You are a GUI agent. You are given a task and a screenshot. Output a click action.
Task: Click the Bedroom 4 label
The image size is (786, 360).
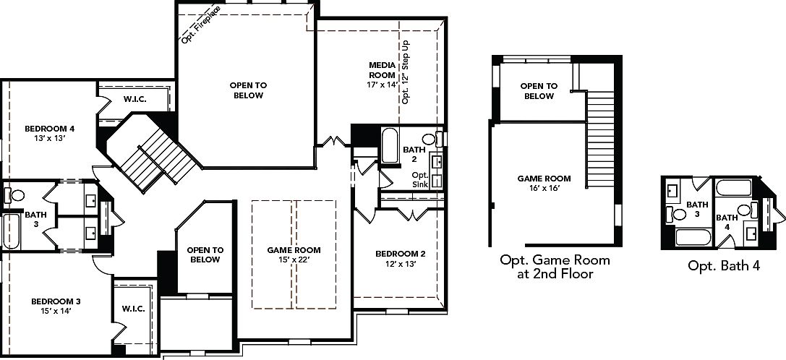[x=49, y=129]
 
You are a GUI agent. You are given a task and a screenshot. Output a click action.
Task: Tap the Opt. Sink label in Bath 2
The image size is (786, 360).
[x=419, y=180]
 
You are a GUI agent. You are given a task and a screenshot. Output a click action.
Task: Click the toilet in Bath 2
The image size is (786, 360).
[x=428, y=139]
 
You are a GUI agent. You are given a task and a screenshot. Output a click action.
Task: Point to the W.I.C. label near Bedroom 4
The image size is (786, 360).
[x=135, y=98]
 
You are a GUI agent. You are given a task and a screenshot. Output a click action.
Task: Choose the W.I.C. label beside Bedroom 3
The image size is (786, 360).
[x=134, y=309]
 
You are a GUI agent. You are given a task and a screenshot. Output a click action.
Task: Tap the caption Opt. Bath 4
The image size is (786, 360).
[x=724, y=266]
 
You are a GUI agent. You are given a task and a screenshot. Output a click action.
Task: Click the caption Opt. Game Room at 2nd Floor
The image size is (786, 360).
[x=555, y=267]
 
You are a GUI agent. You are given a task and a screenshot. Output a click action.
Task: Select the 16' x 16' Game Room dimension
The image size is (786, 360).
[x=544, y=189]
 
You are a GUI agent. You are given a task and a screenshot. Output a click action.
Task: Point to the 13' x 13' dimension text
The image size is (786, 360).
[x=49, y=139]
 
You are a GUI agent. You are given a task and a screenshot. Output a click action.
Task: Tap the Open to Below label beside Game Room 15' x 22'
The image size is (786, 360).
[x=204, y=254]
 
